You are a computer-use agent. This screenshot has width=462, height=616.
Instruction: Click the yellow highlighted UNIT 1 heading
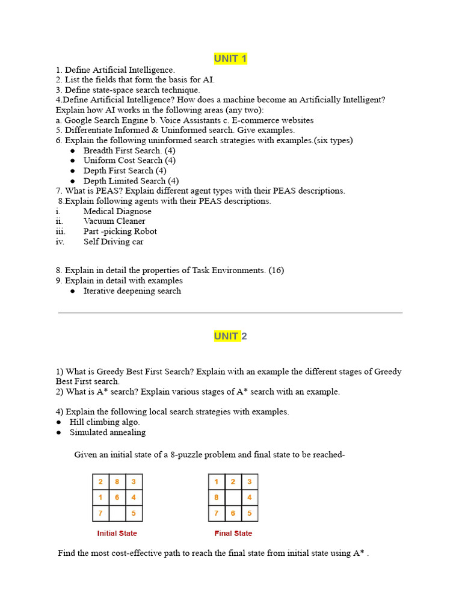coord(230,58)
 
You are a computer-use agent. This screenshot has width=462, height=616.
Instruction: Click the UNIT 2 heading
coord(230,336)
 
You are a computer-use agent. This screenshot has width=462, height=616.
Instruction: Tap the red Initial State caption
coord(117,534)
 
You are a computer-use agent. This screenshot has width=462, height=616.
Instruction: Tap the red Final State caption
coord(233,534)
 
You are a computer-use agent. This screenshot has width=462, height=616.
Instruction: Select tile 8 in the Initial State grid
coord(117,482)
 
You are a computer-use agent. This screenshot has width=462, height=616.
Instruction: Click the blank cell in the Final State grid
coord(233,497)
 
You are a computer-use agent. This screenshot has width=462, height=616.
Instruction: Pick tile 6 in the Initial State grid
coord(117,497)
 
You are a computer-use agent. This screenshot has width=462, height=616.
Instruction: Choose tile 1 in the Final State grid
coord(216,482)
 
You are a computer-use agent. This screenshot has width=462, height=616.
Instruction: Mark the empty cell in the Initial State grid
coord(117,514)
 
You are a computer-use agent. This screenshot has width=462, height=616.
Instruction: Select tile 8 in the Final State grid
coord(216,497)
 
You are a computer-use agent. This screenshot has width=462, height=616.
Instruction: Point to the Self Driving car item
coord(113,242)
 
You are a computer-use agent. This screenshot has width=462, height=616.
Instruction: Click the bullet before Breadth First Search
coord(72,151)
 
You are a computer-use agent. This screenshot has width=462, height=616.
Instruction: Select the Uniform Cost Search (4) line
coord(129,161)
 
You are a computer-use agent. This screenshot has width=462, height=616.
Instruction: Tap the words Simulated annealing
coord(107,433)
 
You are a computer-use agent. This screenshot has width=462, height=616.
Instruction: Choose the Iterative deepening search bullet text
coord(132,291)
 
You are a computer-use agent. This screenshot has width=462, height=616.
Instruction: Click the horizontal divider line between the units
coord(230,313)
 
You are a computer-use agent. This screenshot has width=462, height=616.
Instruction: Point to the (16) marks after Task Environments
coord(276,271)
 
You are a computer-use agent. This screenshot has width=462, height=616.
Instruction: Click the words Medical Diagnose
coord(117,211)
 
